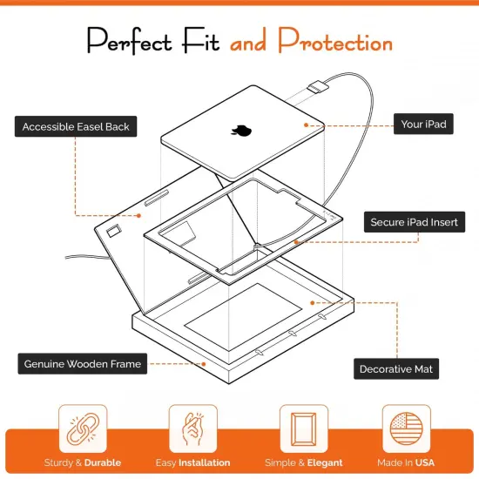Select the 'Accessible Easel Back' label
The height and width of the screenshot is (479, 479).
click(76, 126)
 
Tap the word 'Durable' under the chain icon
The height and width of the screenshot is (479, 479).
click(103, 462)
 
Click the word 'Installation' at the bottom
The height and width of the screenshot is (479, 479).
click(205, 462)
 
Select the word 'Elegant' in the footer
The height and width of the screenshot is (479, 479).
click(323, 462)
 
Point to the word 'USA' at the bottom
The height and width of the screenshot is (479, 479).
click(424, 462)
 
